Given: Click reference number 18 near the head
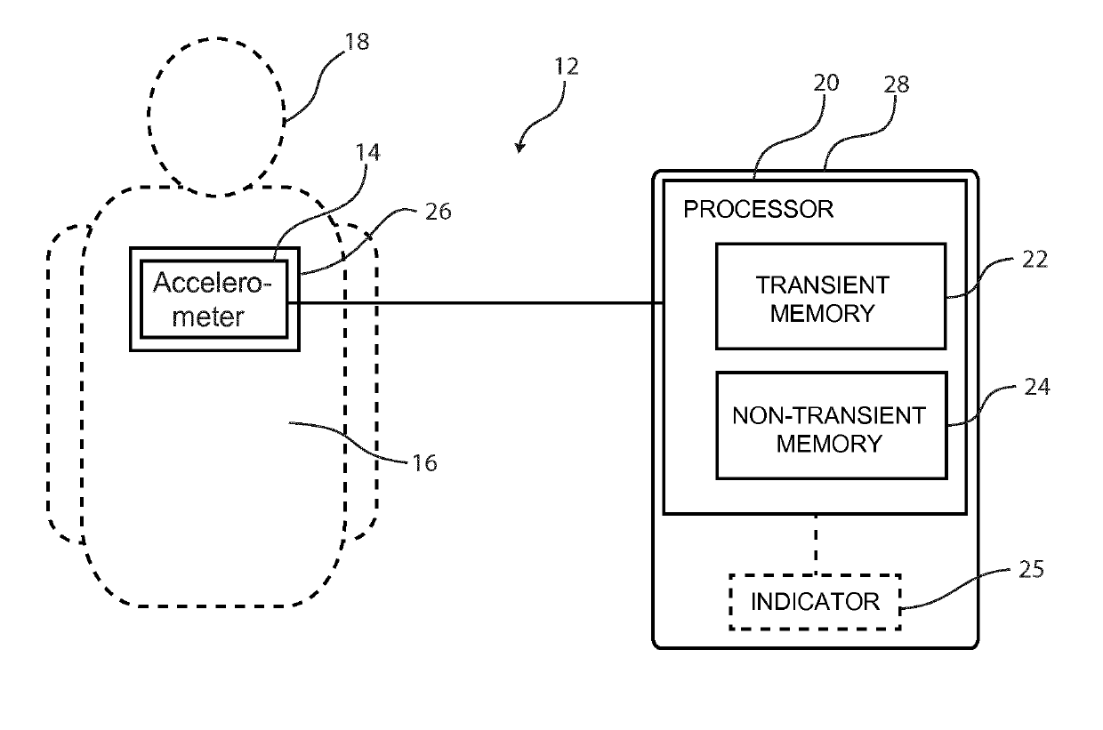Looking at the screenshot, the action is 357,42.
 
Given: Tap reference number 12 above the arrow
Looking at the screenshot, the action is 567,67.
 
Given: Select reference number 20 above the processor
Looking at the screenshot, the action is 825,83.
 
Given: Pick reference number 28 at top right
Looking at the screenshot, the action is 897,84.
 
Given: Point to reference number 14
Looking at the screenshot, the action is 368,153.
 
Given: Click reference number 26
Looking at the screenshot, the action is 438,212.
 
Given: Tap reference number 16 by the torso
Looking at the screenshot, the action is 424,463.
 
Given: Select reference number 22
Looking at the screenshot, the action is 1035,260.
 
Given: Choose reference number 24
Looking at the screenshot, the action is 1037,387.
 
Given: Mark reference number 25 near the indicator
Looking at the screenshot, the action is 1031,570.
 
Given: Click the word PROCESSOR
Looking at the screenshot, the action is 758,209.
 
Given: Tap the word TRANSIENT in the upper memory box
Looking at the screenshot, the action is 823,285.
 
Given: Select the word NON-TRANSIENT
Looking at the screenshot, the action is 829,416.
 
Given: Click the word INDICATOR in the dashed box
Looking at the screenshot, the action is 815,602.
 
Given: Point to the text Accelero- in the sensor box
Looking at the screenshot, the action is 213,283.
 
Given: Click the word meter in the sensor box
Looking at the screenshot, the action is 208,317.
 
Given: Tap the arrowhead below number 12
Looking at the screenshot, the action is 519,148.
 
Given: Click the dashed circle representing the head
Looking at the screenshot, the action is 148,116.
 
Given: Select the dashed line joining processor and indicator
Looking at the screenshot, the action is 816,544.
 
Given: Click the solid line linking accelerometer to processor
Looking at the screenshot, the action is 476,302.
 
